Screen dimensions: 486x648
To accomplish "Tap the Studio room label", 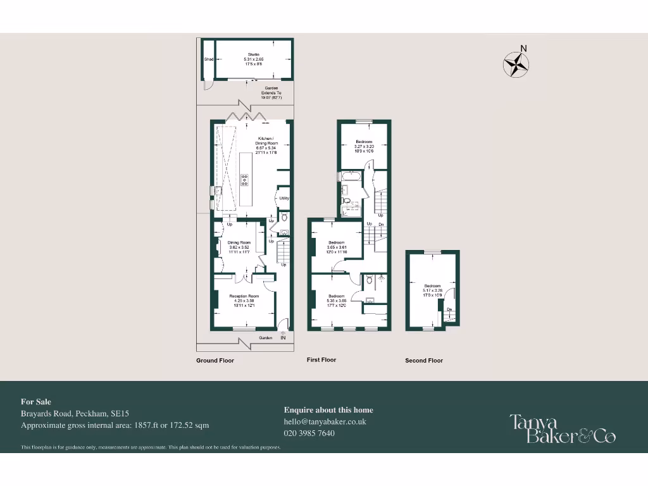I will point(253,54).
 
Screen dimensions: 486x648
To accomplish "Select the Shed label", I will point(208,60).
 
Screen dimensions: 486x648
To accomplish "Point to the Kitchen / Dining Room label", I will point(265,139).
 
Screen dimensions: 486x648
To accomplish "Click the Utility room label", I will point(284,198).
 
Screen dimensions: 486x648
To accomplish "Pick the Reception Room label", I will point(244,296).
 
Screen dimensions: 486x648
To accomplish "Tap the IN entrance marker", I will point(283,338).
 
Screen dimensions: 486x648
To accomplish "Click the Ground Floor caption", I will point(215,361).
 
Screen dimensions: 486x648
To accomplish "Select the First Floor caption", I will point(321,360).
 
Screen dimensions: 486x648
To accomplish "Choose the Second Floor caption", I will point(424,361).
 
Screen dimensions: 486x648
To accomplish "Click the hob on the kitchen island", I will point(244,180).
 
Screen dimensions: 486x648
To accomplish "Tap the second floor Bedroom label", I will point(433,286).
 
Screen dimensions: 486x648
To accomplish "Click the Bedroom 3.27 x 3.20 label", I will point(364,142).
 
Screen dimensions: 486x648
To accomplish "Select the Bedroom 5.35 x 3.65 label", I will point(336,296).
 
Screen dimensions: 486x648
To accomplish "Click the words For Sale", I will point(36,402).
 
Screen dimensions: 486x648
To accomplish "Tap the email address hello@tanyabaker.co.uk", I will point(325,421).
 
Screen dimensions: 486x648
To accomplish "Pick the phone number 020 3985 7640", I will point(309,433).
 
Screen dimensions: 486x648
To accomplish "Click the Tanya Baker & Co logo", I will point(563,428).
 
